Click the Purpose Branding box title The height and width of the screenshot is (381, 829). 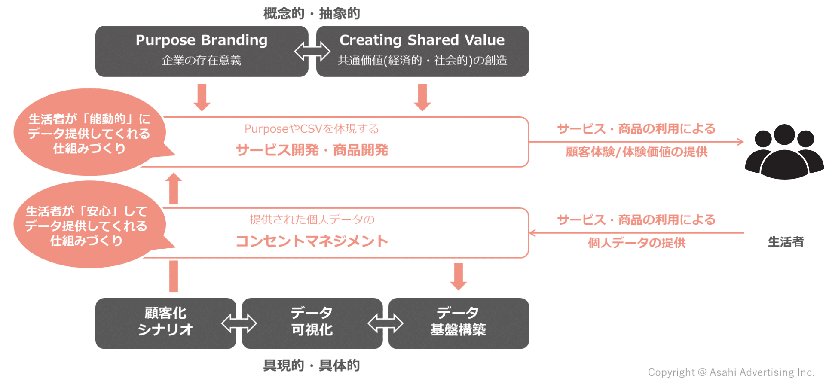point(202,40)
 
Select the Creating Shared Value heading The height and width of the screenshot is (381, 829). point(422,40)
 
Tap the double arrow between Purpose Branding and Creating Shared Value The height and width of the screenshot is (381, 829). point(312,52)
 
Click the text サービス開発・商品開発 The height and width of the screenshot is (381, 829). point(312,150)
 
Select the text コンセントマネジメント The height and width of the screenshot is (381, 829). point(312,241)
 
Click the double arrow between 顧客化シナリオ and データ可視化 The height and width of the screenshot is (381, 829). point(239,324)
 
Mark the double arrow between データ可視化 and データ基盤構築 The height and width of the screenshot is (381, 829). point(385,324)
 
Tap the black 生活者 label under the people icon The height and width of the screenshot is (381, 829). point(786,242)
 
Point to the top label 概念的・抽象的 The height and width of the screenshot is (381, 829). point(312,14)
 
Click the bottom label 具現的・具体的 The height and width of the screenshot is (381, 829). point(312,366)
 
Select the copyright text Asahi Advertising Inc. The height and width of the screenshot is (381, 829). point(731,372)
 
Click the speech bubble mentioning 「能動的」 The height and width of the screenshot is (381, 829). point(89,133)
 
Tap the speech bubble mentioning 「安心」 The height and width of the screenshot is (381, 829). point(86,226)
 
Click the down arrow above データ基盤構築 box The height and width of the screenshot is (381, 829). point(459,276)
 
